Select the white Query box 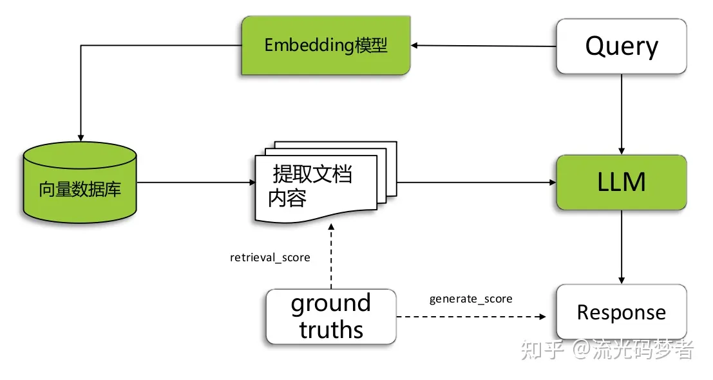click(621, 46)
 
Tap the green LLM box click(621, 182)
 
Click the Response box click(621, 312)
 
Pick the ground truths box click(331, 316)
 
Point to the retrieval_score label click(270, 257)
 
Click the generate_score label click(471, 299)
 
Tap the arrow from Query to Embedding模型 click(483, 46)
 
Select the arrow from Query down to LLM click(621, 114)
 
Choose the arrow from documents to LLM click(477, 183)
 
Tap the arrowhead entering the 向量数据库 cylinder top click(79, 137)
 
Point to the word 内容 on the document click(287, 199)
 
